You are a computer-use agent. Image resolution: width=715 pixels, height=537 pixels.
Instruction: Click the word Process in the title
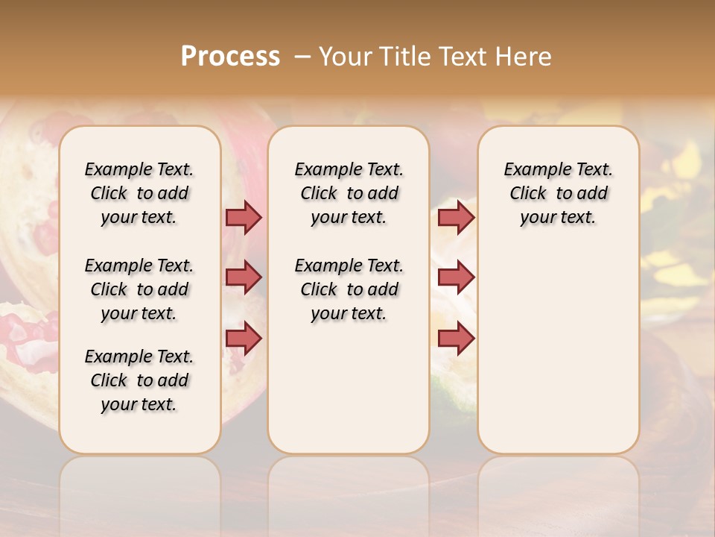tap(230, 57)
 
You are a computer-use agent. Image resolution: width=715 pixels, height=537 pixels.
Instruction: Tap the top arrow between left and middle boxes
tap(244, 217)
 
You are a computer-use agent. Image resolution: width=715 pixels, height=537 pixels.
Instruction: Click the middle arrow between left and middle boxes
tap(244, 277)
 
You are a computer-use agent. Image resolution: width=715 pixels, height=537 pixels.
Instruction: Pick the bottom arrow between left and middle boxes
tap(244, 338)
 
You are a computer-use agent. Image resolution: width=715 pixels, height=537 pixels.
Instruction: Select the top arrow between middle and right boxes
tap(456, 217)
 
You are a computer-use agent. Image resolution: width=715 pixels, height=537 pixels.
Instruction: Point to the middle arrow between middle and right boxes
tap(456, 277)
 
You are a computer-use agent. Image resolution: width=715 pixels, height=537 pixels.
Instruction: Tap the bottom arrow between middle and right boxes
tap(456, 338)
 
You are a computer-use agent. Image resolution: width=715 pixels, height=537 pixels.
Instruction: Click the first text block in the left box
tap(139, 193)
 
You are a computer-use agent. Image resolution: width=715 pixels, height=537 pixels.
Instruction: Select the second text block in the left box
tap(139, 289)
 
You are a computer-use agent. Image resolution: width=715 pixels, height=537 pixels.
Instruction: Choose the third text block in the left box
tap(139, 380)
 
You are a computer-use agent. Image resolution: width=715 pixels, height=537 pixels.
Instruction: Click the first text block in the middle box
tap(349, 193)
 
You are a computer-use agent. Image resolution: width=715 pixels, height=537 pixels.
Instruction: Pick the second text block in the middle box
tap(349, 289)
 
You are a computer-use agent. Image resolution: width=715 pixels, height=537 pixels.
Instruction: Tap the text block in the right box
tap(558, 193)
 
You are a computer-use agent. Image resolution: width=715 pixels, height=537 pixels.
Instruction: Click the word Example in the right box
tap(532, 170)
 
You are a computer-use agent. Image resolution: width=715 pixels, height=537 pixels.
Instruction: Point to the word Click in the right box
tap(528, 194)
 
